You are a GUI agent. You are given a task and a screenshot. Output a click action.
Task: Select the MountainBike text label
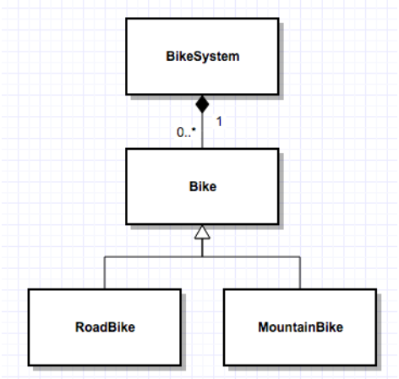tap(300, 326)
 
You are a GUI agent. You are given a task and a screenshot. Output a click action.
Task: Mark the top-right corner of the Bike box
tap(277, 150)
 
